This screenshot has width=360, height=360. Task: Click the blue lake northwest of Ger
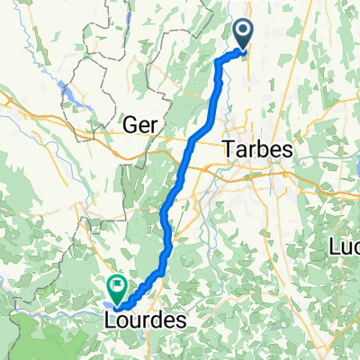tap(67, 90)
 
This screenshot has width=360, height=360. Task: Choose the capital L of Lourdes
tap(110, 319)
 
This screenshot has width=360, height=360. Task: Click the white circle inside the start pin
tap(244, 33)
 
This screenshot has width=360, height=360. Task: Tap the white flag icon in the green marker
tap(117, 286)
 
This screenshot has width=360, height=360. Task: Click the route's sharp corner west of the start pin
tap(219, 60)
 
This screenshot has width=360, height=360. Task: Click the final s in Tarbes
tap(287, 152)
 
